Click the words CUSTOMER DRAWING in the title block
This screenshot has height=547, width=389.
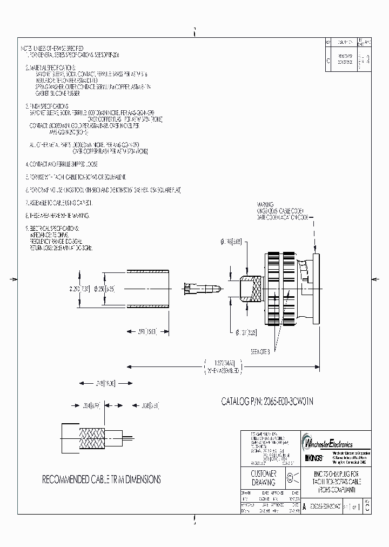coord(264,478)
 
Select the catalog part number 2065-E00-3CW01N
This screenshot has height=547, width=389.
coord(268,402)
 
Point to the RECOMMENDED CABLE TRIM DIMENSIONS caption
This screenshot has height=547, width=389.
coord(102,479)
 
